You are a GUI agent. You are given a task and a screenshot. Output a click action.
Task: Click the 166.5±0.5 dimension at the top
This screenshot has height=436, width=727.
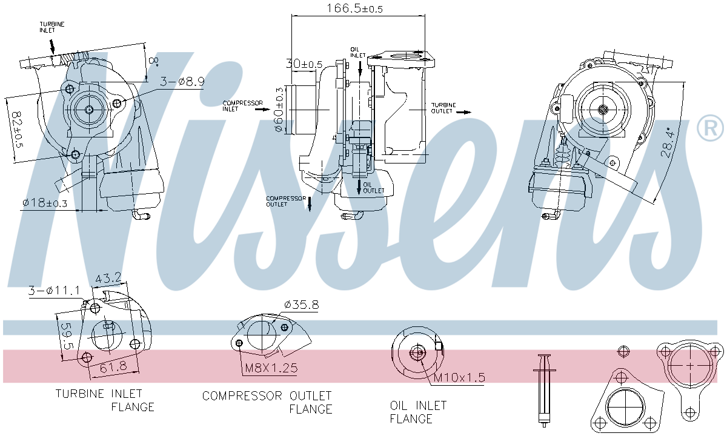coord(355,8)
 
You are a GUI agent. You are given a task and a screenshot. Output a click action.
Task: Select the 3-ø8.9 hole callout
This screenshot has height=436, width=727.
coord(182,81)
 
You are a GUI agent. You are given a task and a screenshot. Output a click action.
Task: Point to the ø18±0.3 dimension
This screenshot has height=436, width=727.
coord(44,203)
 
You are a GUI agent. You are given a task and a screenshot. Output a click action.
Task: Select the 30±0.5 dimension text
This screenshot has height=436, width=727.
coord(304,64)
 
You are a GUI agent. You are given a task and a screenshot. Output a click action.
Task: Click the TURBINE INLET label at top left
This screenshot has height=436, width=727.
coord(52,27)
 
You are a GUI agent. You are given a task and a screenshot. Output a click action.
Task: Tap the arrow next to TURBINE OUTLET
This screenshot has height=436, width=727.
coord(463,112)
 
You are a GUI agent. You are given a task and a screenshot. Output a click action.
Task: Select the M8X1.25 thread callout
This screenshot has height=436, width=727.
coord(271,368)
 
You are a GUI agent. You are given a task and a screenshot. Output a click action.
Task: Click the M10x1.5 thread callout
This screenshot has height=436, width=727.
coord(459,378)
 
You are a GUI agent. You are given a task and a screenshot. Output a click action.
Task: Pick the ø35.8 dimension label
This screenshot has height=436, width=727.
coord(301,305)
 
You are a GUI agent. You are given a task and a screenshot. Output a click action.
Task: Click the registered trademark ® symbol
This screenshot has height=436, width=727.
coord(710,128)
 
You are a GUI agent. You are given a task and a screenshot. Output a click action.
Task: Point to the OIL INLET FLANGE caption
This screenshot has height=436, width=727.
coord(418,412)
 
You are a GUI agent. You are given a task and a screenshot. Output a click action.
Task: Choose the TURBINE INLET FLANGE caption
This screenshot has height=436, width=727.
coord(105,400)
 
